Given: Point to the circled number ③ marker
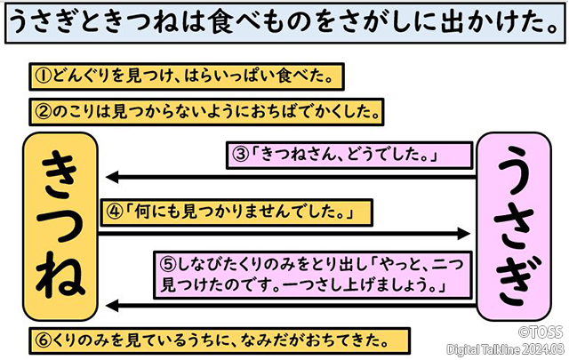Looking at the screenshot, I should point(240,155).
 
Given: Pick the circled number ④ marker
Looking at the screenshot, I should point(115,212).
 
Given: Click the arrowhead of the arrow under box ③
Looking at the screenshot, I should point(108,176).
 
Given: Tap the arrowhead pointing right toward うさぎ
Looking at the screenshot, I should point(464,233).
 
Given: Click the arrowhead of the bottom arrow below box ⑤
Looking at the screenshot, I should point(108,307).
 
